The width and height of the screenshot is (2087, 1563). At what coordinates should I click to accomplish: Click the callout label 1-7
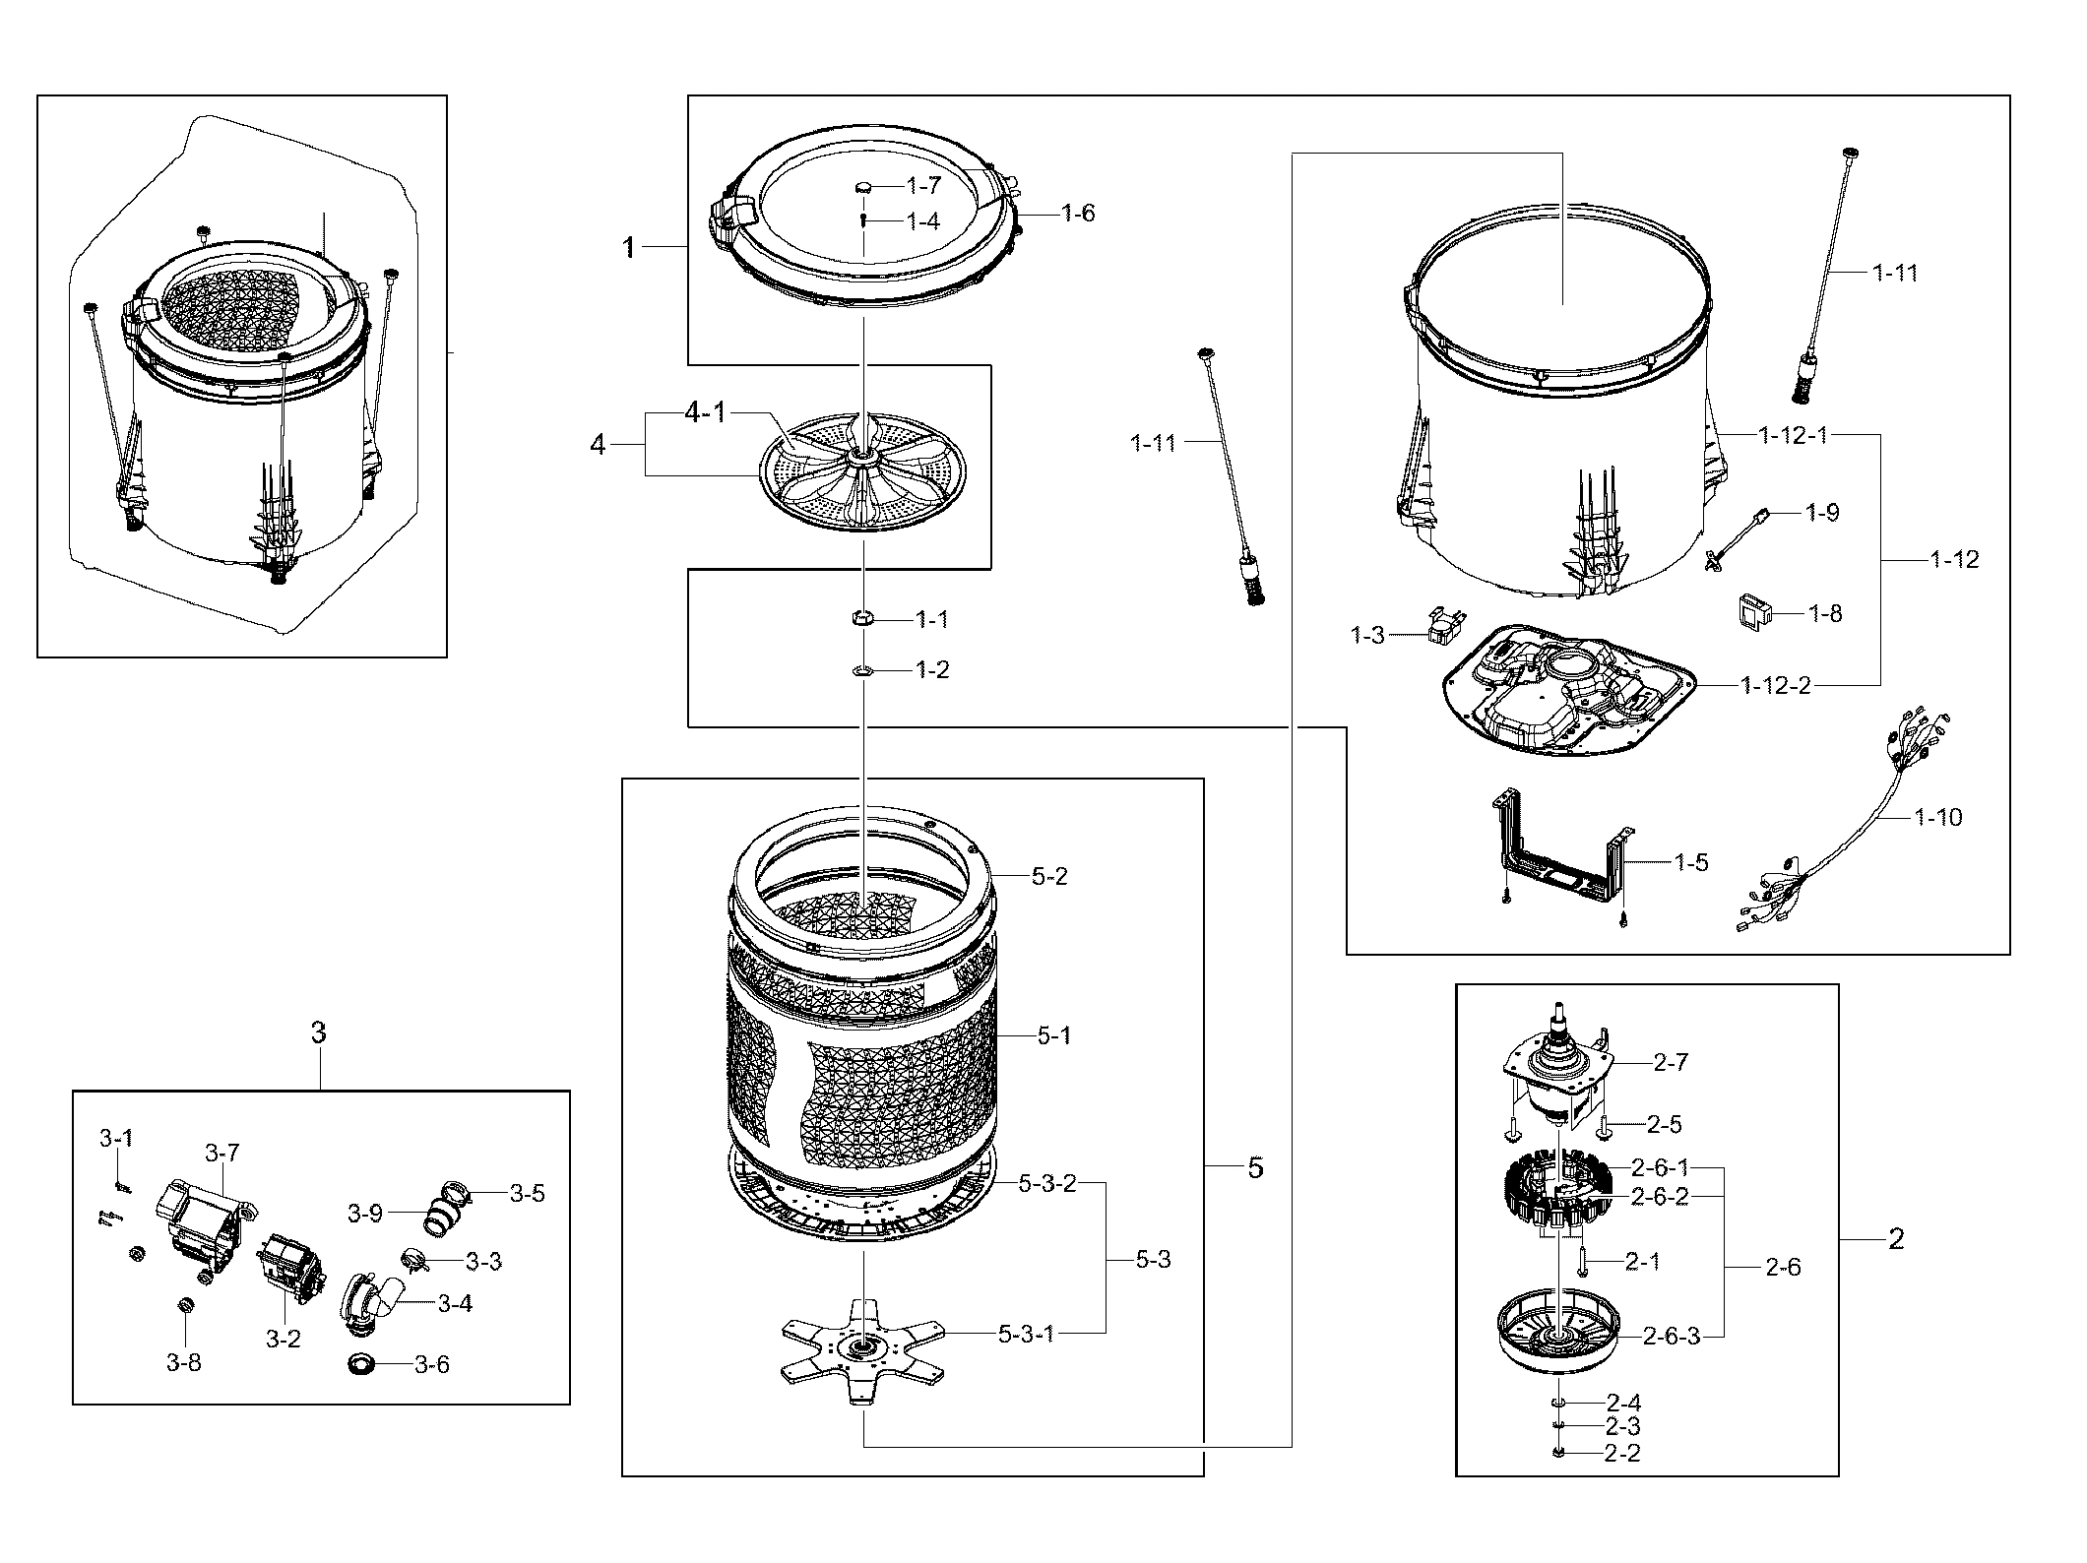923,185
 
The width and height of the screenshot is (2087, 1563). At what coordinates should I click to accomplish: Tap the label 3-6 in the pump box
431,1365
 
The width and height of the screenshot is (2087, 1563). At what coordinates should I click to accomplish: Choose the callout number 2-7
1671,1062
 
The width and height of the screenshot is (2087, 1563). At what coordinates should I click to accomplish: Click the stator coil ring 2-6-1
1555,1196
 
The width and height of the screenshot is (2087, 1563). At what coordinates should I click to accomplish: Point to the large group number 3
318,1032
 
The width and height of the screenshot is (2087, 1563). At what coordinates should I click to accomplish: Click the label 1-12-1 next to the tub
1794,434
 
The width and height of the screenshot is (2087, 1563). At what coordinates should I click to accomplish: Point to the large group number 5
1255,1168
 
